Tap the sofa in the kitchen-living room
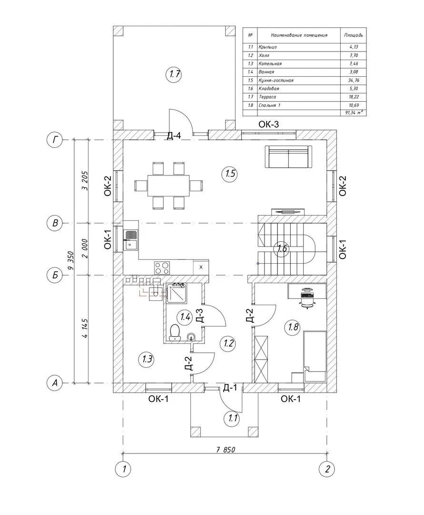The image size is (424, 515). coord(288,157)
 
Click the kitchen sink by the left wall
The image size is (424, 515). coord(130,239)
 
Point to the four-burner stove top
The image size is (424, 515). coord(162,268)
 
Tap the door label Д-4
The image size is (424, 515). coord(174,136)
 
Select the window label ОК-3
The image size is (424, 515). coord(268,125)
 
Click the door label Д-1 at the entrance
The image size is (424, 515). coord(230,388)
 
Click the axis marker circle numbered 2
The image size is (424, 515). coord(327,469)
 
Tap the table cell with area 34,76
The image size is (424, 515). coord(353,80)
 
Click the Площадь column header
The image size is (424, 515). coord(353,35)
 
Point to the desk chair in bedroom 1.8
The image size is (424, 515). coord(307,296)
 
